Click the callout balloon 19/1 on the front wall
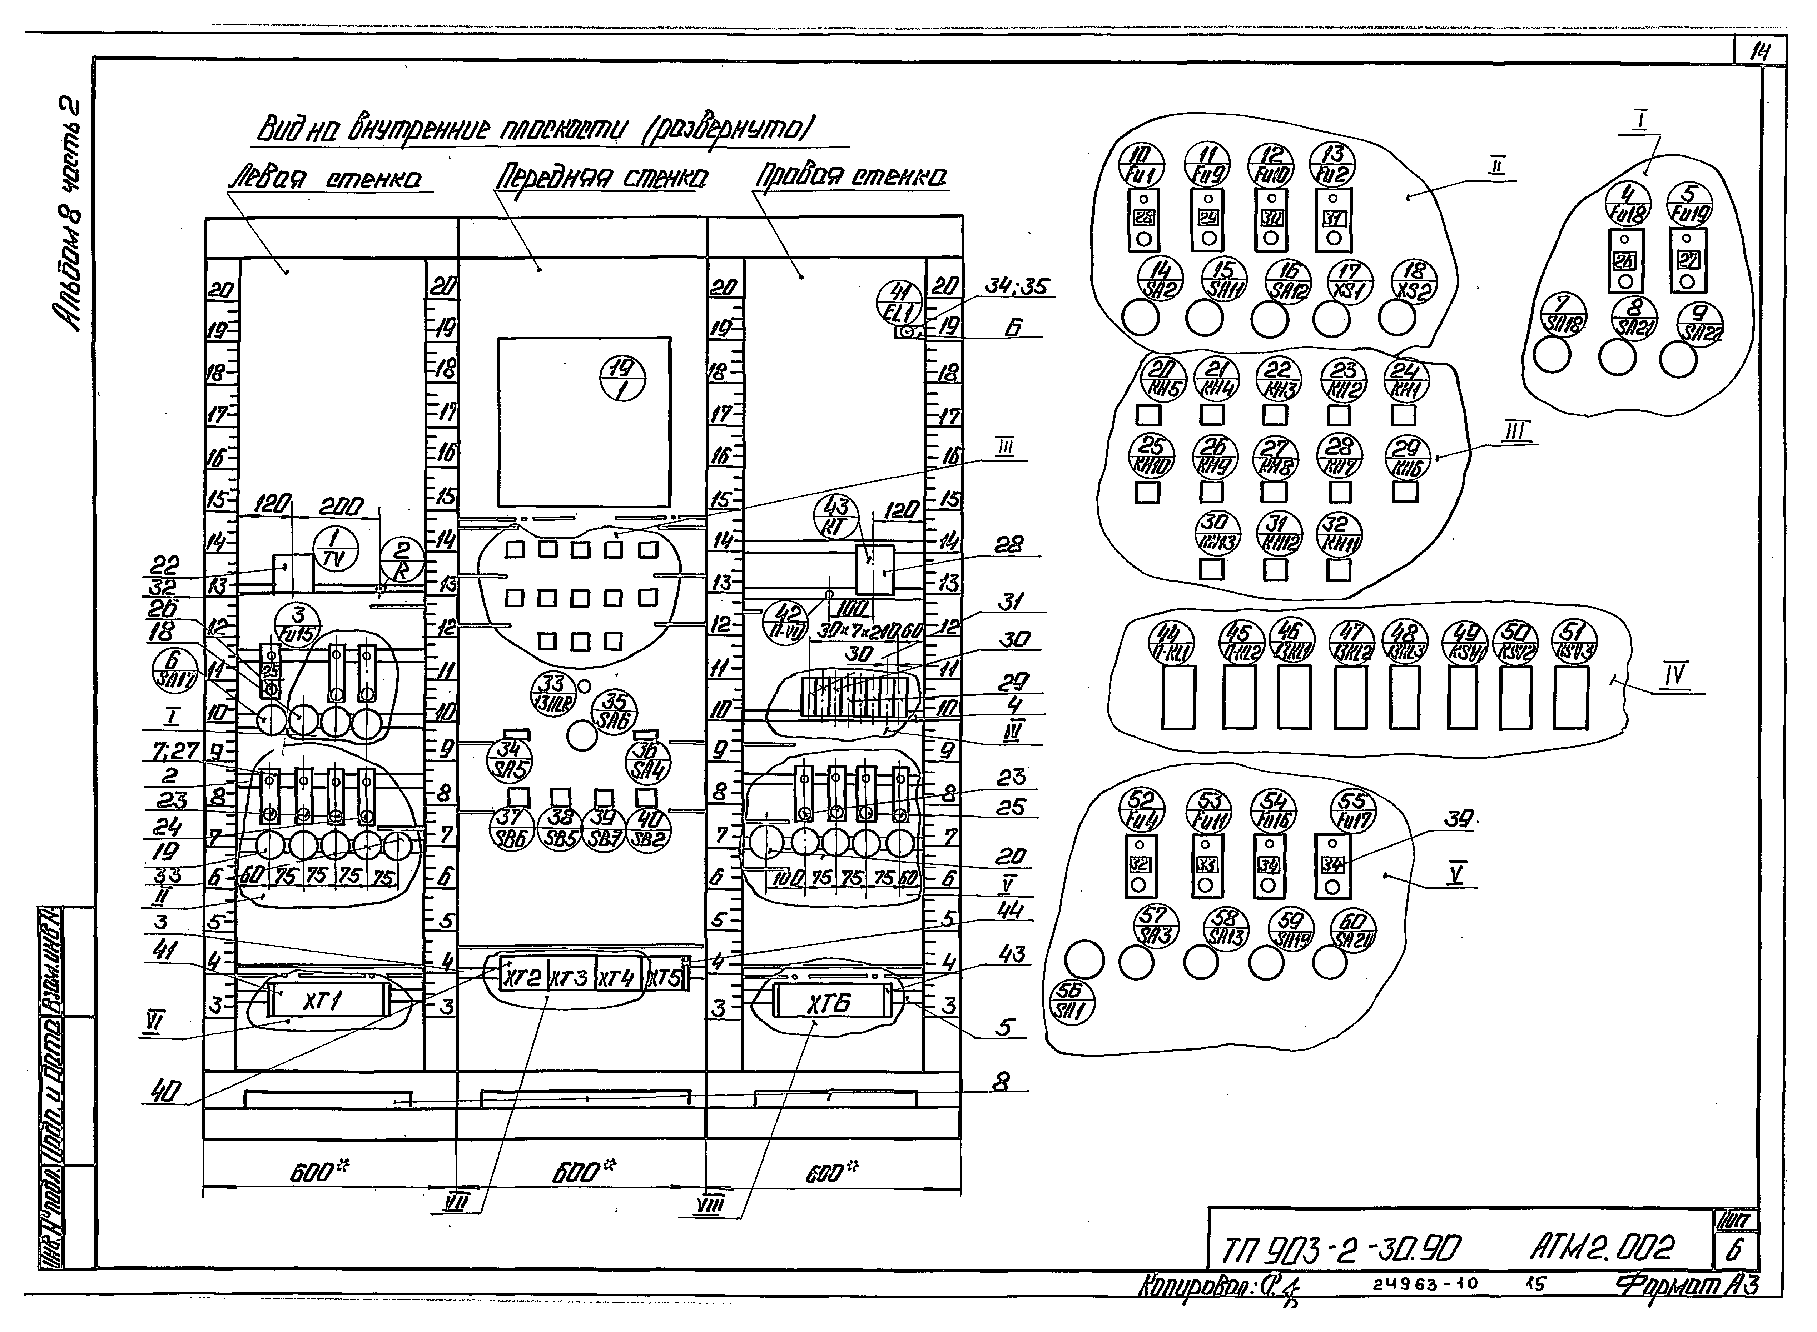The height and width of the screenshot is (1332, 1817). tap(624, 379)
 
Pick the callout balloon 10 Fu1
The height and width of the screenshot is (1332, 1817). tap(1142, 164)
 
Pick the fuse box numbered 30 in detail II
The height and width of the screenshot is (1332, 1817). tap(1271, 217)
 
